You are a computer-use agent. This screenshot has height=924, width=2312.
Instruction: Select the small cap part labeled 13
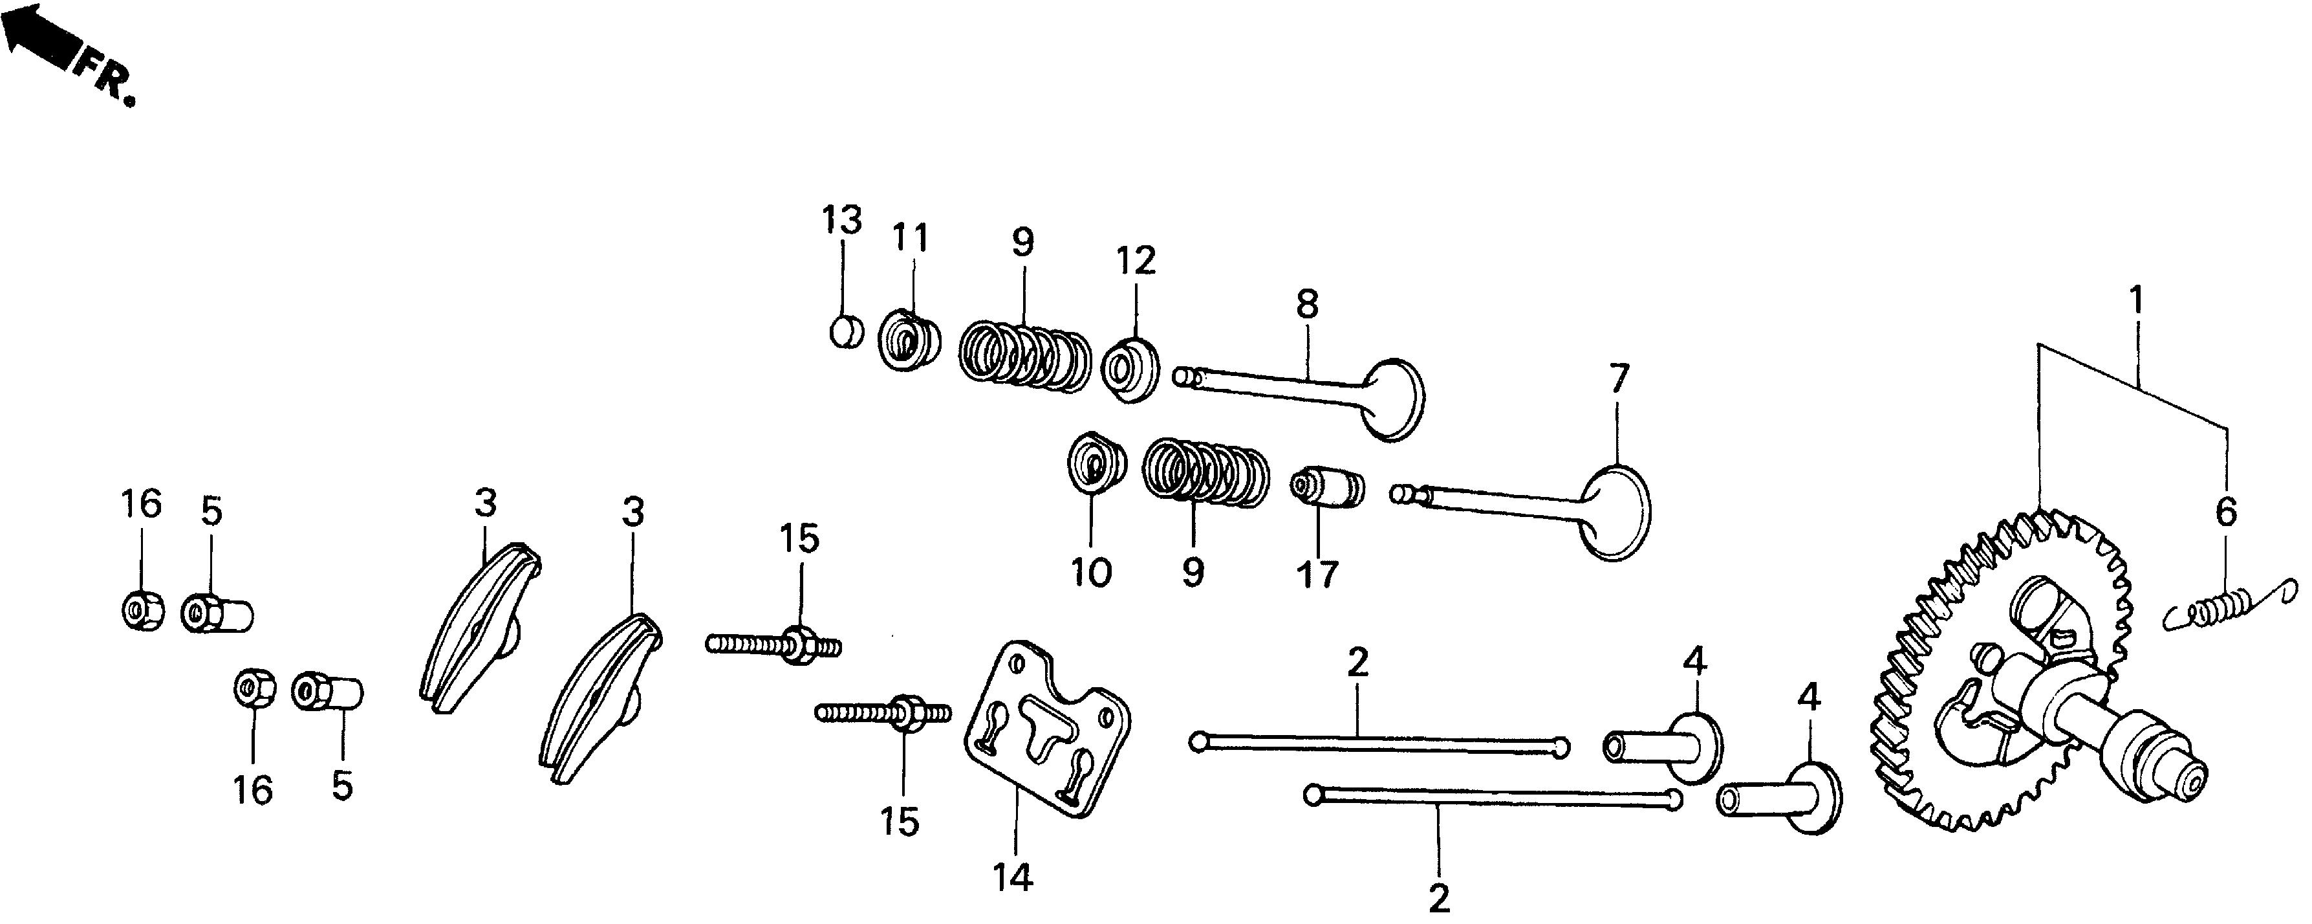pos(845,331)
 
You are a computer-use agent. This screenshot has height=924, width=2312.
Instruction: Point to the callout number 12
pos(1136,261)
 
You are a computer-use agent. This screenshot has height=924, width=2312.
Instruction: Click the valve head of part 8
pos(1393,400)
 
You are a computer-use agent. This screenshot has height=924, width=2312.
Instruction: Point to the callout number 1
pos(2137,301)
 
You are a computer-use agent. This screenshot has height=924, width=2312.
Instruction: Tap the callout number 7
pos(1618,380)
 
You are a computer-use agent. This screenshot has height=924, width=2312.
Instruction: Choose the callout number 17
pos(1317,574)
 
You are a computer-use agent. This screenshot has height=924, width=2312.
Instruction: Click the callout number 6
pos(2227,512)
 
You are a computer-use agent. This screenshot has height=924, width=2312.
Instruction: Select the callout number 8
pos(1308,306)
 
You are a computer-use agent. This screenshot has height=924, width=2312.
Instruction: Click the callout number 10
pos(1092,572)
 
